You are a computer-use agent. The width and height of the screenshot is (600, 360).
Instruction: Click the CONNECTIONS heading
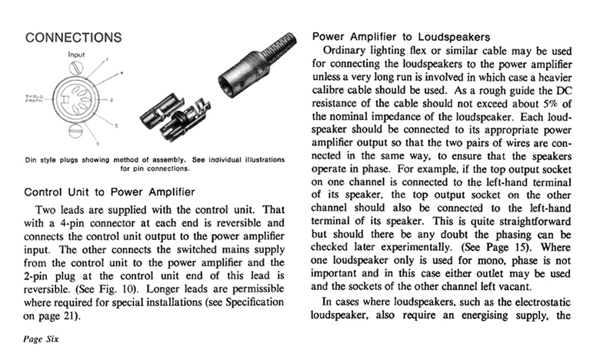click(x=73, y=37)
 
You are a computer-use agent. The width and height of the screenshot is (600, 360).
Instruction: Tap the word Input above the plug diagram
click(x=77, y=55)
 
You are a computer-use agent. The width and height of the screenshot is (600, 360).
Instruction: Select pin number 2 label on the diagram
click(x=112, y=99)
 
